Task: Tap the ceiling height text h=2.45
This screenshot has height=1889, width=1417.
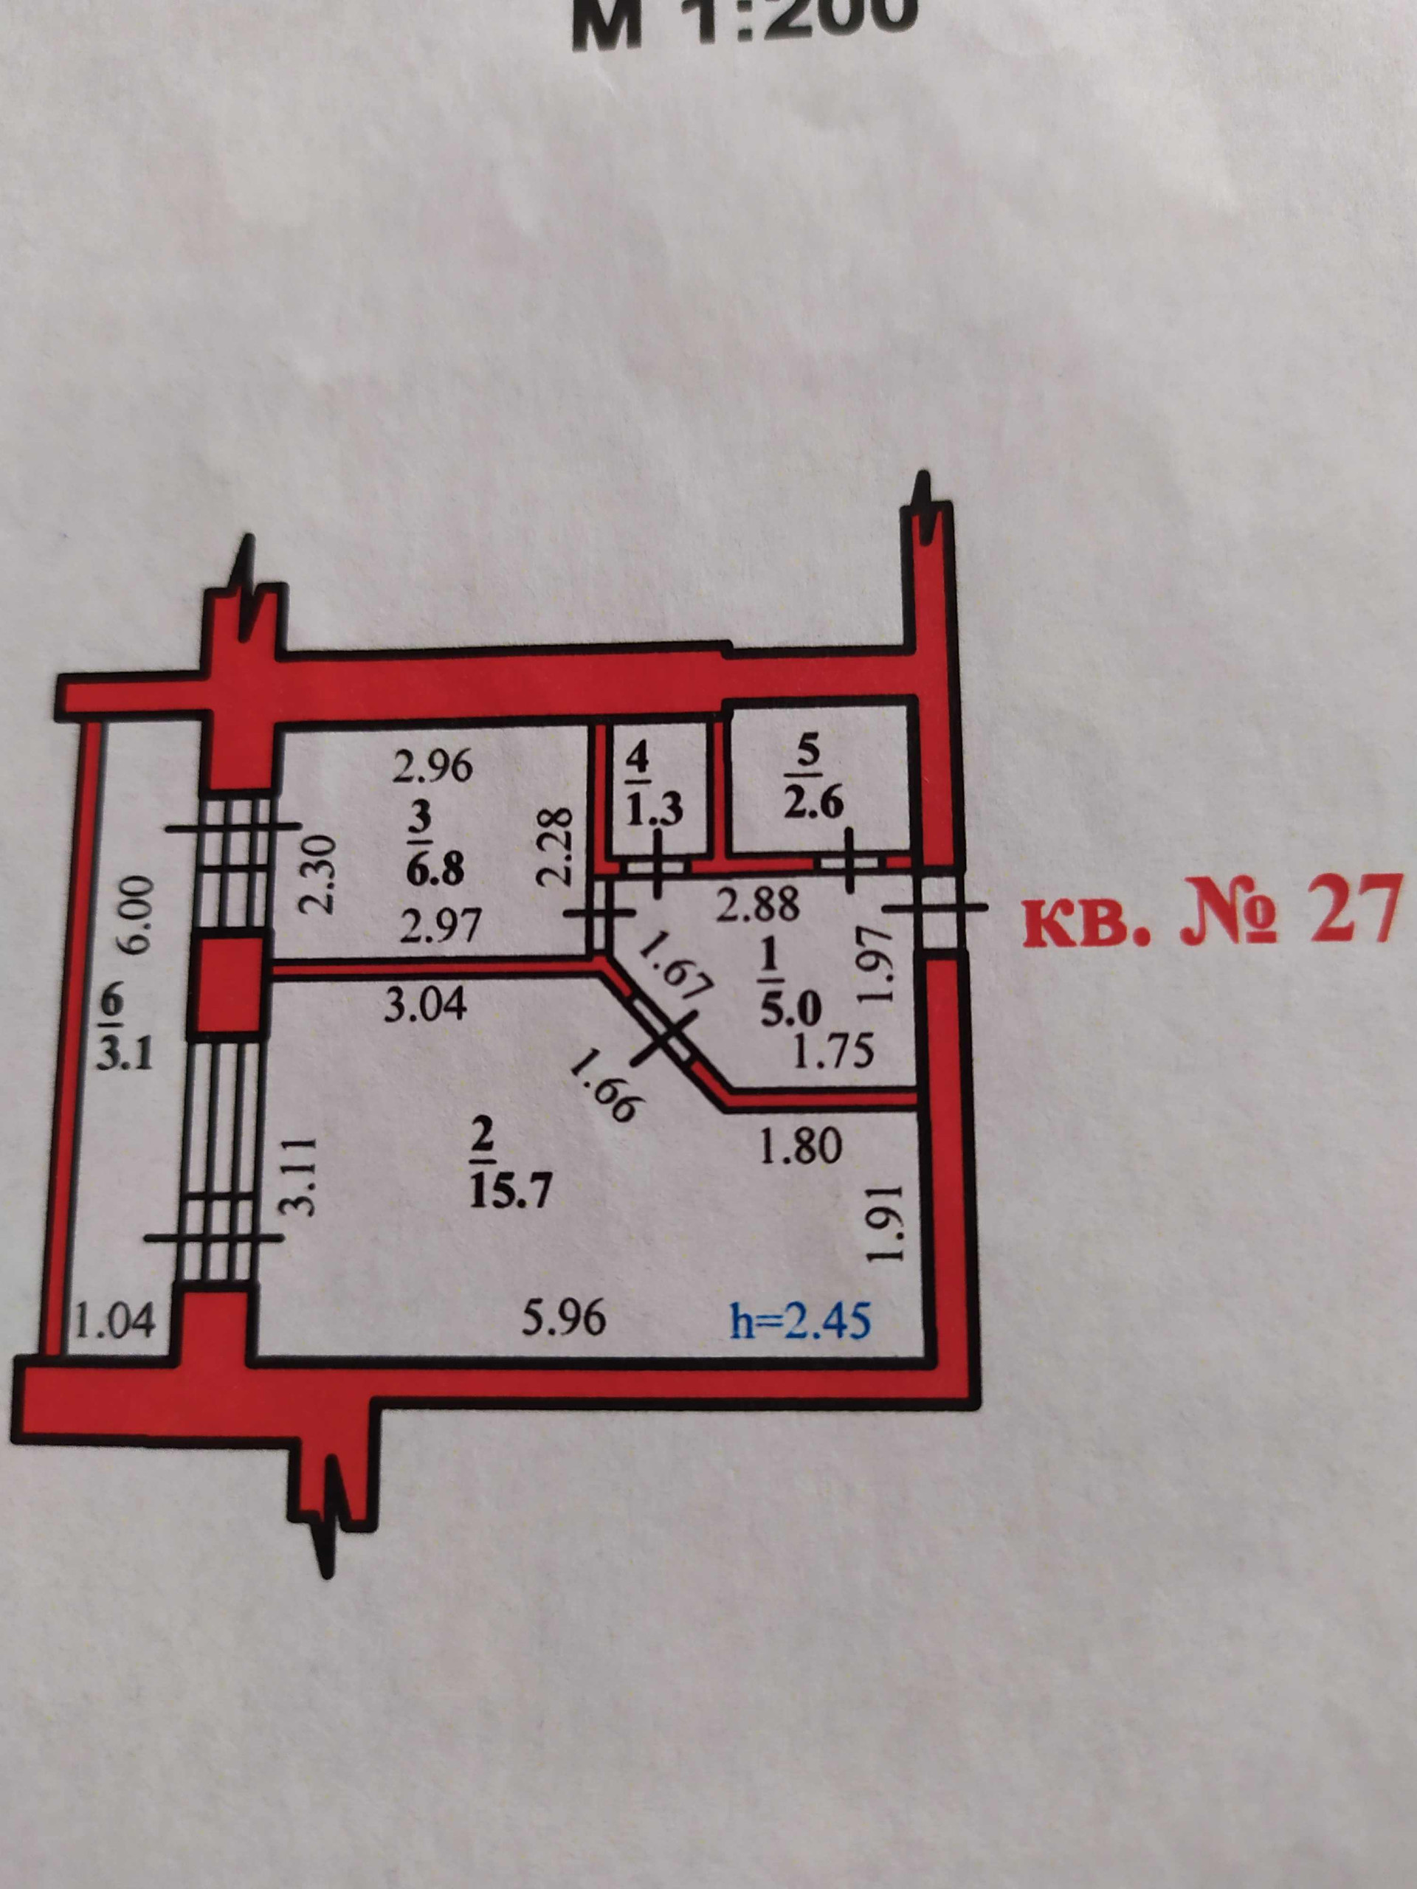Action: (x=800, y=1320)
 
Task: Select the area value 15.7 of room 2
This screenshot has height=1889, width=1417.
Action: (x=510, y=1189)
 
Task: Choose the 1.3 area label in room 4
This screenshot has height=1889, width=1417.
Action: (x=653, y=809)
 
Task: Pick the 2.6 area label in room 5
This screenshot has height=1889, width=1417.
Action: (x=813, y=804)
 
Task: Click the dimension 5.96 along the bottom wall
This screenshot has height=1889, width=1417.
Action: (x=564, y=1318)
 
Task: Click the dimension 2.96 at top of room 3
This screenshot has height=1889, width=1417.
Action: (x=432, y=766)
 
